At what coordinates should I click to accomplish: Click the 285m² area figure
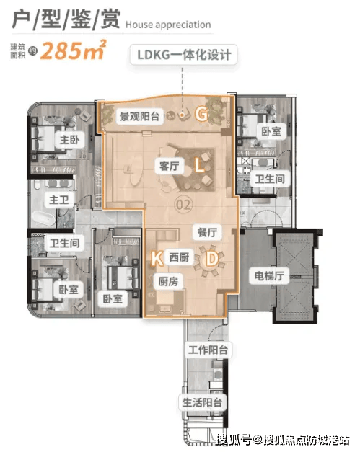tap(74, 50)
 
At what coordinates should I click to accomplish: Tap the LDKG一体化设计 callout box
tap(183, 55)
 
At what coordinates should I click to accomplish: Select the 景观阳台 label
tap(140, 117)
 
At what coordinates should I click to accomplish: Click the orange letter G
tap(201, 114)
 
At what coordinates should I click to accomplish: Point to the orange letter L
tap(199, 166)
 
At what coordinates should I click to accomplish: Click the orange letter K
tap(157, 257)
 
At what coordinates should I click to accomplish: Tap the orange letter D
tap(212, 258)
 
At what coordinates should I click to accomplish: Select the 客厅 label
tap(170, 166)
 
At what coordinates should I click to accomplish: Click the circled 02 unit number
tap(183, 205)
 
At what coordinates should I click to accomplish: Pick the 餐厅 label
tap(207, 232)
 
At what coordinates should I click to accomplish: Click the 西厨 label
tap(179, 257)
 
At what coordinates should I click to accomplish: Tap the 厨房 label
tap(168, 281)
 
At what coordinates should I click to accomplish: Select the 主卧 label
tap(69, 140)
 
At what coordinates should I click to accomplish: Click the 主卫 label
tap(59, 200)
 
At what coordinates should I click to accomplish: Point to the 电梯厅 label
tap(269, 276)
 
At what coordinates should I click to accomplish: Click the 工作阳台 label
tap(208, 350)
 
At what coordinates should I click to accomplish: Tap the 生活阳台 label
tap(202, 402)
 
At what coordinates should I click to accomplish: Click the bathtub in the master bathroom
tap(43, 219)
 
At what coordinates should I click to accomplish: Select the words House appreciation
tap(168, 25)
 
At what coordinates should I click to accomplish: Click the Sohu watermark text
tap(284, 440)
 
